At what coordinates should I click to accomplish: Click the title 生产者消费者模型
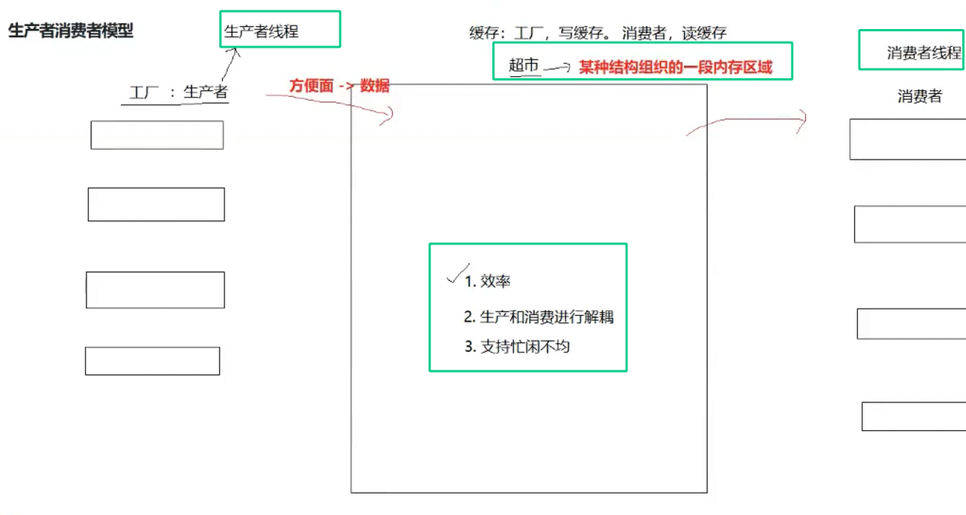click(71, 31)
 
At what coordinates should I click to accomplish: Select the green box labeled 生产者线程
click(280, 29)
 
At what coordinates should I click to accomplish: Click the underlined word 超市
click(524, 66)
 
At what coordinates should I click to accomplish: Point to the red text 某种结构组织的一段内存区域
click(676, 67)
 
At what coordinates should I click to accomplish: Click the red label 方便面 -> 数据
click(339, 86)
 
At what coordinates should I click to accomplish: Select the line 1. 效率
click(488, 281)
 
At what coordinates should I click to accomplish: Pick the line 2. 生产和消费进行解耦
click(539, 317)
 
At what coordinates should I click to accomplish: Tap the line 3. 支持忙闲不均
click(517, 346)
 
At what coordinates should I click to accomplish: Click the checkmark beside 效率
click(457, 274)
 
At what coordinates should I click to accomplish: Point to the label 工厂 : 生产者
click(178, 92)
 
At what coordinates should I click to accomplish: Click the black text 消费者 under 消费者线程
click(919, 96)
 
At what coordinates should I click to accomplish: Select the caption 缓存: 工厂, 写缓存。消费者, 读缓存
click(598, 33)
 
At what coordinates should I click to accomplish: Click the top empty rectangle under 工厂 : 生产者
click(157, 135)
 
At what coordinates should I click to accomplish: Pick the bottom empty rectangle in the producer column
click(152, 361)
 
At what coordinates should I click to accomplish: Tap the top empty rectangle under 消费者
click(908, 139)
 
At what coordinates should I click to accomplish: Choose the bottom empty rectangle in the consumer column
click(914, 417)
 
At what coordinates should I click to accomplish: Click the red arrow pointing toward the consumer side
click(746, 123)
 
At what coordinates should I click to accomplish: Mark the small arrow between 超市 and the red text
click(556, 67)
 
